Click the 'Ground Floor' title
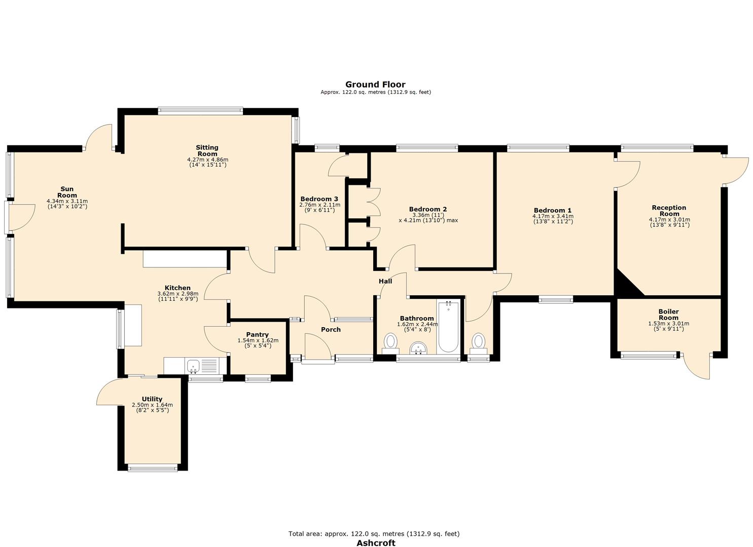tap(375, 84)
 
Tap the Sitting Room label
tap(207, 150)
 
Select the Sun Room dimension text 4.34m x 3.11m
tap(67, 201)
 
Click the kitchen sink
tap(193, 365)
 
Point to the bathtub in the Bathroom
tap(448, 327)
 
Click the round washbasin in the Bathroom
tap(418, 348)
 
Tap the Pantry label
tap(257, 334)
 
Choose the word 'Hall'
tap(385, 282)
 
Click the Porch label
tap(331, 329)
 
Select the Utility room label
tap(152, 399)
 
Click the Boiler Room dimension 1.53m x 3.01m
tap(669, 324)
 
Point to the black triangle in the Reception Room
tap(626, 284)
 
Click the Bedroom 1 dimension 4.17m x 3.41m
tap(553, 216)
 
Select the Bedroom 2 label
tap(427, 209)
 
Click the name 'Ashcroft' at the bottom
tap(376, 533)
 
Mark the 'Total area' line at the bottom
tap(374, 524)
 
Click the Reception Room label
tap(669, 211)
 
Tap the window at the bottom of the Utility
tap(153, 468)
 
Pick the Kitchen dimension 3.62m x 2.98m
tap(178, 293)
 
